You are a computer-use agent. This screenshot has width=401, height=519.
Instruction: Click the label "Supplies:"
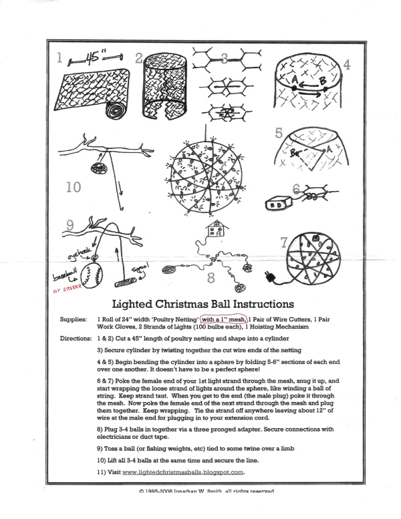point(75,319)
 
